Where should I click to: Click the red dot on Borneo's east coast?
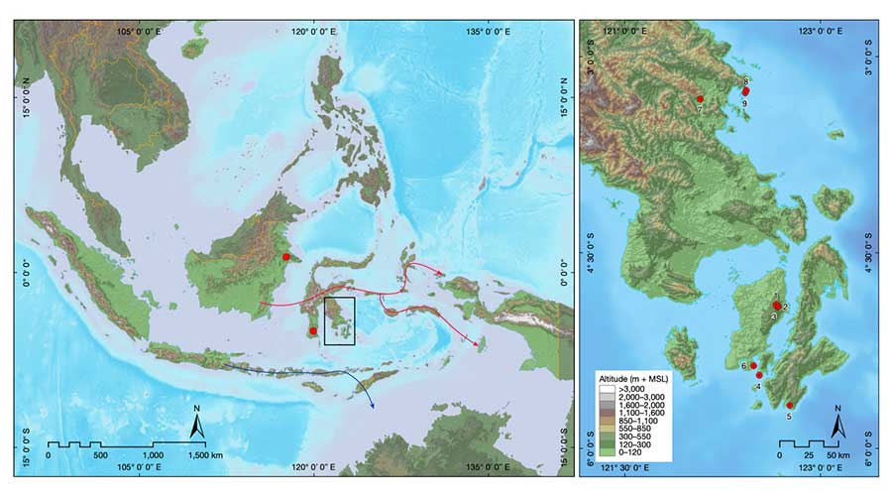[x=286, y=257]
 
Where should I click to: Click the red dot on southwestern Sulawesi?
[x=313, y=331]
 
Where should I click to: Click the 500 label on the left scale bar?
[x=99, y=454]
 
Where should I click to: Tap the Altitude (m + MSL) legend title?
[x=632, y=380]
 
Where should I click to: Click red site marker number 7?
[x=700, y=98]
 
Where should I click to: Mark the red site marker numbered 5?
[x=790, y=405]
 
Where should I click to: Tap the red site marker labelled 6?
[x=753, y=366]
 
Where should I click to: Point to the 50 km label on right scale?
[x=836, y=454]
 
